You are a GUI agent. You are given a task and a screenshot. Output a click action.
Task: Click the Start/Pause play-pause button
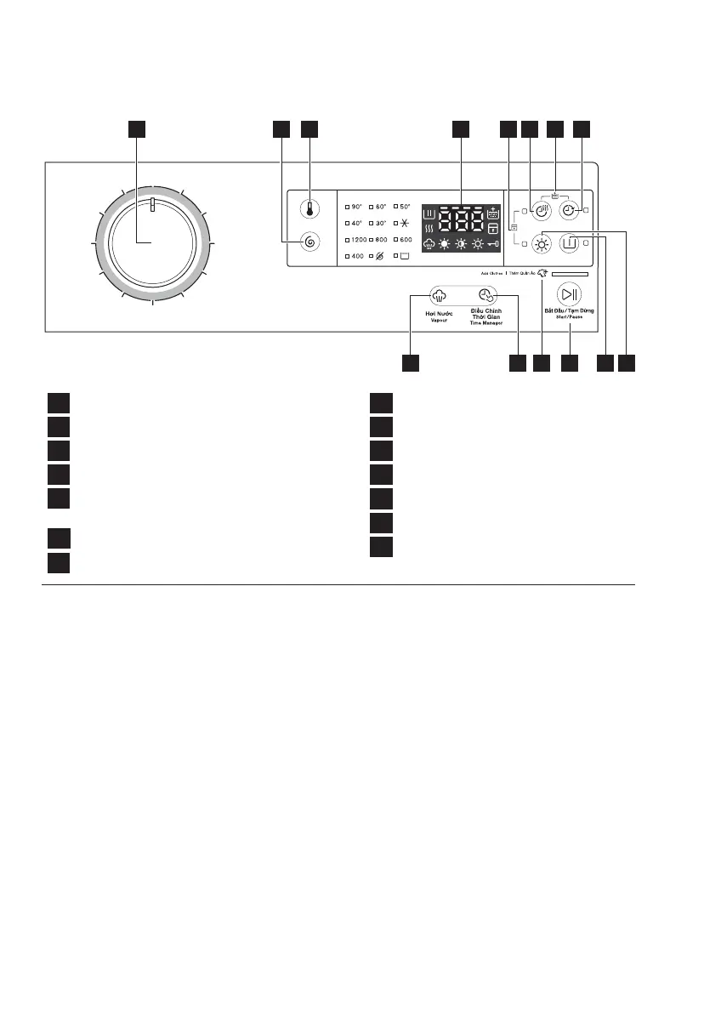click(x=569, y=295)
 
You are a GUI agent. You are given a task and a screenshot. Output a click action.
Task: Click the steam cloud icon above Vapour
click(x=439, y=296)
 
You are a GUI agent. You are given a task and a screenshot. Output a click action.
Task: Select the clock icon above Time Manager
click(x=485, y=296)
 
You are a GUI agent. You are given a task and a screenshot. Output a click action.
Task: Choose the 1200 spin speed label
click(x=362, y=240)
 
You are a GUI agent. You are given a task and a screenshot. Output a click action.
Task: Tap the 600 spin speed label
click(x=406, y=240)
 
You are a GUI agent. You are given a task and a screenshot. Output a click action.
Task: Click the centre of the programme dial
click(x=152, y=244)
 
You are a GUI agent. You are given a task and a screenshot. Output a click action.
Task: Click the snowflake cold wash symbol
click(x=406, y=223)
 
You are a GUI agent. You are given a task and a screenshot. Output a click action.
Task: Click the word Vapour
click(x=439, y=321)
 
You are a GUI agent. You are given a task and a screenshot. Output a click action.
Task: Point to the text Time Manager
click(x=485, y=326)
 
